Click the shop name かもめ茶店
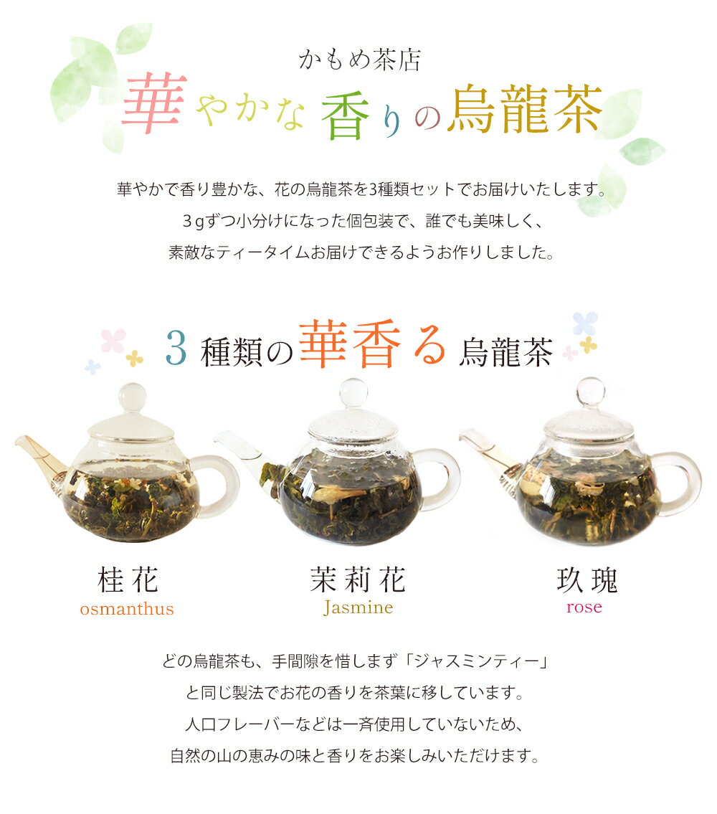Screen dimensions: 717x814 [x=359, y=60]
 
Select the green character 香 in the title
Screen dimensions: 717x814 [x=345, y=118]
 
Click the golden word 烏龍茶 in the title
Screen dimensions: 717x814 [x=525, y=109]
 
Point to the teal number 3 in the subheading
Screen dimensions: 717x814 [x=176, y=349]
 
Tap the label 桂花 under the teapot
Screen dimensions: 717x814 [x=128, y=579]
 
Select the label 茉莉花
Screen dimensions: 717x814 [x=358, y=579]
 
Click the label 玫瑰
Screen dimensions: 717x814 [x=587, y=580]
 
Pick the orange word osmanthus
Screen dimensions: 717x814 [x=127, y=608]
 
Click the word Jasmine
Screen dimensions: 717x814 [x=358, y=607]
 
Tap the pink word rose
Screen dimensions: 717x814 [x=584, y=607]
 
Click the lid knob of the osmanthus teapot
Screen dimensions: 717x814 [x=133, y=397]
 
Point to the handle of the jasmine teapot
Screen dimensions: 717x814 [x=443, y=478]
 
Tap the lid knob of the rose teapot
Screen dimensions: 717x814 [x=590, y=392]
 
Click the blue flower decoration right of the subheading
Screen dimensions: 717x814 [x=585, y=323]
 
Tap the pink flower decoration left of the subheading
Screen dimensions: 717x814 [x=113, y=341]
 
